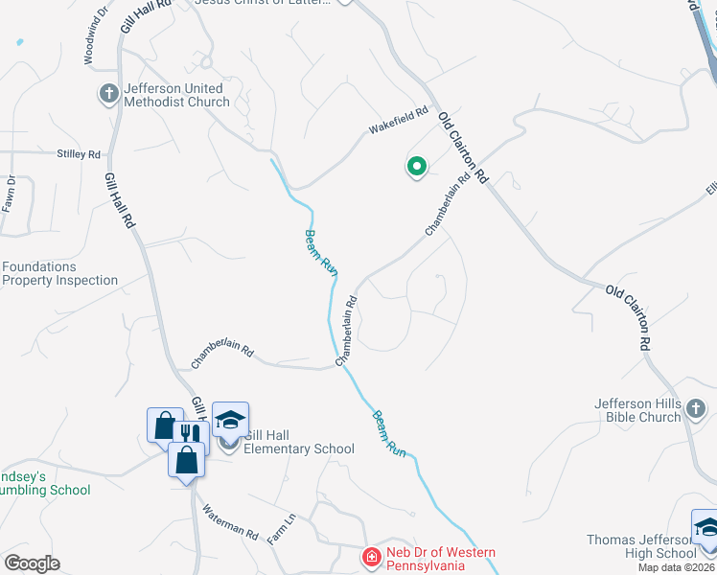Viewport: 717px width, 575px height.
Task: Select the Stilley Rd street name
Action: coord(79,154)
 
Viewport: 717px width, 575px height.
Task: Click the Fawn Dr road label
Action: coord(9,194)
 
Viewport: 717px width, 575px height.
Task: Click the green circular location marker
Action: coord(417,168)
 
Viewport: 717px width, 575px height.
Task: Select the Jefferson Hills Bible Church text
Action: coord(636,410)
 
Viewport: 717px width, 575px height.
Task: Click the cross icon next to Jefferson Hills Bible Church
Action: coord(697,410)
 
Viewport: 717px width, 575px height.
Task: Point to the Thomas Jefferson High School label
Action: coord(641,546)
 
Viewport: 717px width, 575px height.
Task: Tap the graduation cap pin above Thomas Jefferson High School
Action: coord(705,526)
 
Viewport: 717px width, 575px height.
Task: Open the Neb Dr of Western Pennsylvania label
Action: coord(441,558)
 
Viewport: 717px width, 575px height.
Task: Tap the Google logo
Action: coord(32,563)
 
